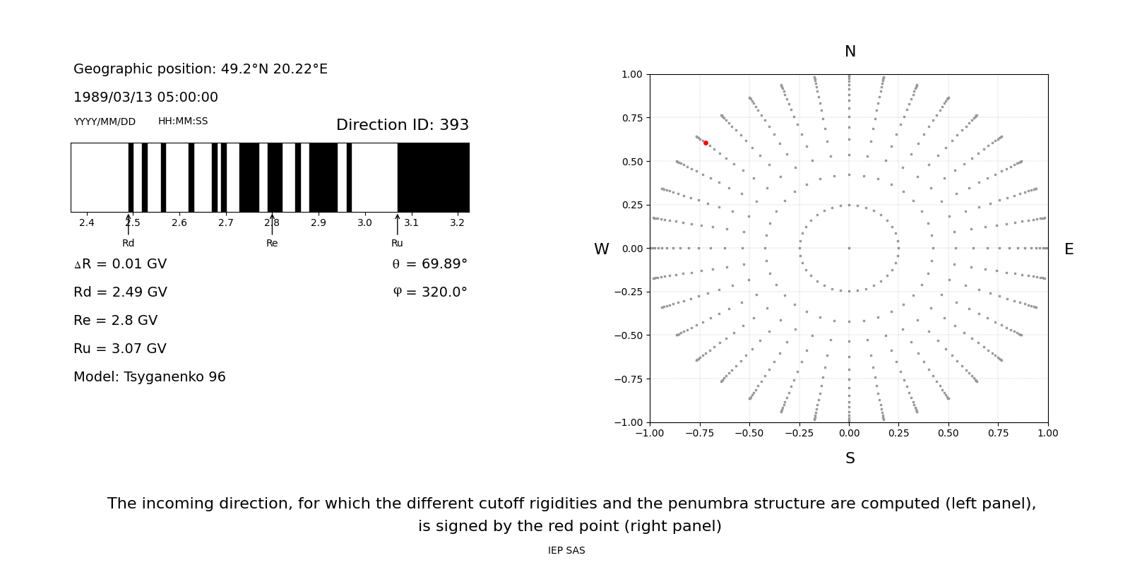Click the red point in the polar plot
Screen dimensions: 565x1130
(706, 143)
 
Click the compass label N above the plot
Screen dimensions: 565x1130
(850, 52)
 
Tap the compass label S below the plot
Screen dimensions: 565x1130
(850, 458)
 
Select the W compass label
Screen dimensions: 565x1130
(601, 249)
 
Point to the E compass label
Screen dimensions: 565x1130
(1069, 249)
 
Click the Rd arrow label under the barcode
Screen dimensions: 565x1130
(128, 243)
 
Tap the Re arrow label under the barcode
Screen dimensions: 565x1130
(272, 243)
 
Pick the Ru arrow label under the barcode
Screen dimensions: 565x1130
(397, 243)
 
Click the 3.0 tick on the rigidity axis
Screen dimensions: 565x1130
(364, 223)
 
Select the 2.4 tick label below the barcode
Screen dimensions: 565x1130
(87, 223)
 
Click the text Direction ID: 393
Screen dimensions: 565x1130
(402, 125)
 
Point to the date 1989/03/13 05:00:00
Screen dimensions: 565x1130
(145, 97)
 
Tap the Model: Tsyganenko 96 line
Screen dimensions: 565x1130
(149, 377)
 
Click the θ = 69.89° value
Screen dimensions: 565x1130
(429, 264)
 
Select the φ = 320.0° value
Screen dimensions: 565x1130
(429, 292)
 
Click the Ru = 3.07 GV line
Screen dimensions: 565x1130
(119, 349)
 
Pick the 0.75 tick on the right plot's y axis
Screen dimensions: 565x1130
(631, 118)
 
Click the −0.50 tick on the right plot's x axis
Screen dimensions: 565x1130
(749, 433)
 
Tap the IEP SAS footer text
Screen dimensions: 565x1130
(566, 551)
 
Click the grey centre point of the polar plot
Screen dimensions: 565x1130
(849, 248)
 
